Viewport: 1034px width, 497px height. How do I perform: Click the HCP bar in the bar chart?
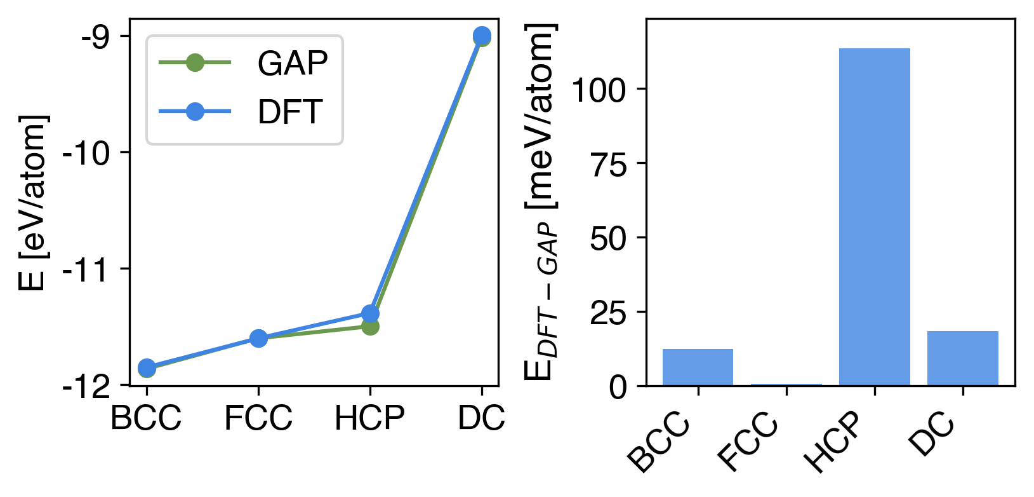(874, 216)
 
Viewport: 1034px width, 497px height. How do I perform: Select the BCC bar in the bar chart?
(698, 367)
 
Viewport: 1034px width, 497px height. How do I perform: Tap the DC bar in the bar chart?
(962, 358)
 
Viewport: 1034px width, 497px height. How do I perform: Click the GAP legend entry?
(292, 63)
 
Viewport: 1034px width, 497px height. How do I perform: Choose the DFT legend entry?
(290, 112)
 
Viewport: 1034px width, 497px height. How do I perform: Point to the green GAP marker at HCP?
(370, 327)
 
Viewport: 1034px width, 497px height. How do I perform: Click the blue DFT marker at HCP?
(370, 313)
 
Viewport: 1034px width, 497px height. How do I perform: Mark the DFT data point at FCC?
(258, 338)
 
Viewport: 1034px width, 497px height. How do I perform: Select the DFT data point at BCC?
(147, 367)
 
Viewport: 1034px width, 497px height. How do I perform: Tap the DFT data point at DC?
(482, 35)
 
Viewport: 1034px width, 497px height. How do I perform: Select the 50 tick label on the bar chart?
(607, 238)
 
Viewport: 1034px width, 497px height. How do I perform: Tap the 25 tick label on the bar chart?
(607, 313)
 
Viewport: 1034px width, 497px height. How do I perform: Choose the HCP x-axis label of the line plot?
(370, 418)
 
